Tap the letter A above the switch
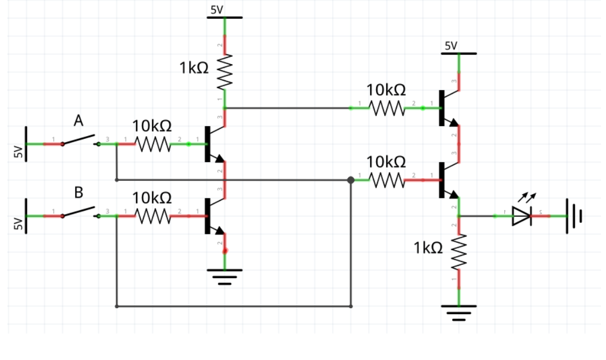[79, 120]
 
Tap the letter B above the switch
[79, 192]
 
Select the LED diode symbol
[521, 216]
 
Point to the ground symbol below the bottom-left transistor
[225, 275]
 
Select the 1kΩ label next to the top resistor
[194, 68]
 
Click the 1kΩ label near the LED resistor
[428, 248]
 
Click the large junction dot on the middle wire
[350, 180]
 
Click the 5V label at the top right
[451, 46]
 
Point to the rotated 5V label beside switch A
[18, 151]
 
